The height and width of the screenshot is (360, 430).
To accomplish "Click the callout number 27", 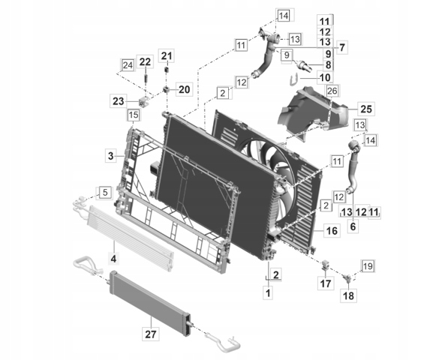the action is [151, 334].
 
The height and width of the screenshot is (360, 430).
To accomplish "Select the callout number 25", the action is [366, 109].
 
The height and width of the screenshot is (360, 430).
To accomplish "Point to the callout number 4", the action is [114, 258].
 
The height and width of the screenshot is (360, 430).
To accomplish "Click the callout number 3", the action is [111, 156].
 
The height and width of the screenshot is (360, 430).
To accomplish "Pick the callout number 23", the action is [119, 101].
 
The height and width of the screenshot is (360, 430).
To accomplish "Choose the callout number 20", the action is [185, 89].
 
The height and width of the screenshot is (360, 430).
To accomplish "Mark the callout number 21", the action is [167, 56].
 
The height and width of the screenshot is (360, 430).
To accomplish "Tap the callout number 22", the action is [145, 62].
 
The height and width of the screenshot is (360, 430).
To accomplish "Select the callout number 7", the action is [342, 48].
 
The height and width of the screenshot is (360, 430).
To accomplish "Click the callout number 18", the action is [348, 296].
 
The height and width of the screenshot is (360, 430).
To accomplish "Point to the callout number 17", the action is [326, 283].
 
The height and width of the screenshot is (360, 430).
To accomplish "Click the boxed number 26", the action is [332, 91].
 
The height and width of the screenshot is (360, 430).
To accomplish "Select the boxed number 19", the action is [368, 266].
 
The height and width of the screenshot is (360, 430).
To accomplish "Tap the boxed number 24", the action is [128, 65].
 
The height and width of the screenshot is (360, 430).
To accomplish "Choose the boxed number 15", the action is [134, 115].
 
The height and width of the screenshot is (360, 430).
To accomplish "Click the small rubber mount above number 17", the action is [326, 265].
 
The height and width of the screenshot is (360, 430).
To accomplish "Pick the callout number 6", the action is [353, 226].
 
